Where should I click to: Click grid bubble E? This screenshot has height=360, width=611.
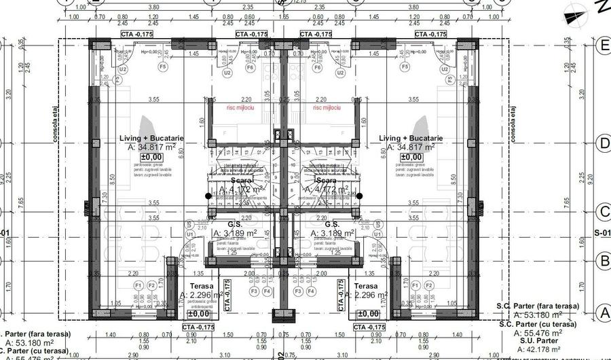(601, 46)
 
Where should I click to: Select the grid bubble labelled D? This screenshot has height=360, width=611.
(601, 143)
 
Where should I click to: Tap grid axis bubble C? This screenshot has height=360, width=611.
(601, 210)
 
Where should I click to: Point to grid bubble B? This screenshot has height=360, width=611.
(601, 260)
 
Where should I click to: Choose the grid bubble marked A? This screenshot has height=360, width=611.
(601, 312)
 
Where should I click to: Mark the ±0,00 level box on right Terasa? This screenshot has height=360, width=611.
(367, 313)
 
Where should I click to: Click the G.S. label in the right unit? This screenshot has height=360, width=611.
(332, 223)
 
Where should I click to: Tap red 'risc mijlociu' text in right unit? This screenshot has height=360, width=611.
(327, 107)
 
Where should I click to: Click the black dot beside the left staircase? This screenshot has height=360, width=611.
(208, 196)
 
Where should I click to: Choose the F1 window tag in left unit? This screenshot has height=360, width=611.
(138, 285)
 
